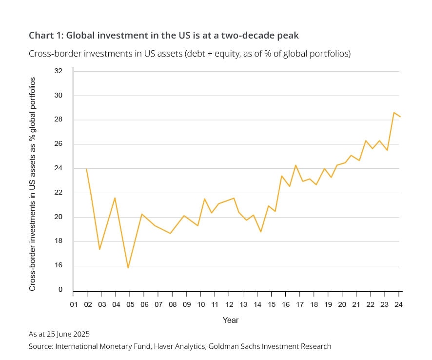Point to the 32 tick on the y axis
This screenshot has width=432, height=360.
59,71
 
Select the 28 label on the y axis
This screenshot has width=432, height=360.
59,120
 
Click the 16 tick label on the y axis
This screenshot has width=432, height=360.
59,266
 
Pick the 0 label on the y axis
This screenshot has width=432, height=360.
60,290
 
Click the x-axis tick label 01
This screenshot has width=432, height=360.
73,305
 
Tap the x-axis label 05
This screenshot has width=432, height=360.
130,305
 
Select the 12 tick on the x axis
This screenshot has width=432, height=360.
229,305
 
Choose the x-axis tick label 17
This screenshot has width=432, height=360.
300,305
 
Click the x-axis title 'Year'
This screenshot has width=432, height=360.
231,320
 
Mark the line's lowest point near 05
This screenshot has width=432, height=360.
128,268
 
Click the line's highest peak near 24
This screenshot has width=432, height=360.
393,113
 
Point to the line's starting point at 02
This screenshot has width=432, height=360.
87,169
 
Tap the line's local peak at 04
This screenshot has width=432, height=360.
115,198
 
